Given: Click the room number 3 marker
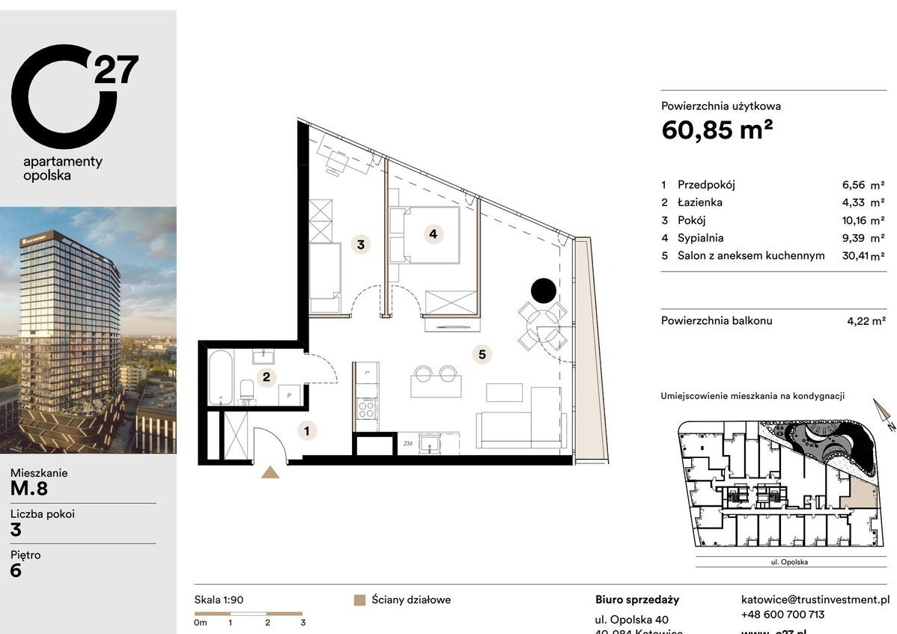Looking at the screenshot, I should (x=361, y=244).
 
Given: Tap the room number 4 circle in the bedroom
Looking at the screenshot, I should (x=433, y=234).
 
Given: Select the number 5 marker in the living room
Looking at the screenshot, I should (x=483, y=353).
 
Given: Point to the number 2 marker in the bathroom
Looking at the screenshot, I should (x=265, y=378).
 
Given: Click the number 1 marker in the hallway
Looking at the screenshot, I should (x=306, y=430).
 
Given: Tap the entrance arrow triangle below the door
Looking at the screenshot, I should (x=270, y=472).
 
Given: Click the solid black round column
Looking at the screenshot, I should (x=544, y=290).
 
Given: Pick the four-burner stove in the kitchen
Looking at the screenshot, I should (x=367, y=409).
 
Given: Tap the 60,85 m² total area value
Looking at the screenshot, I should (x=717, y=130).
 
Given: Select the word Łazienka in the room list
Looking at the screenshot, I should (x=700, y=202).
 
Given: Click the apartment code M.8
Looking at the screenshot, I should (x=29, y=489).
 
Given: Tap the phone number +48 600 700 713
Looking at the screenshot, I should (x=782, y=615).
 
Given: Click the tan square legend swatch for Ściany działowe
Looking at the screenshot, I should (x=359, y=600).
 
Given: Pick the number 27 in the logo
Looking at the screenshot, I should (x=115, y=70).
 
